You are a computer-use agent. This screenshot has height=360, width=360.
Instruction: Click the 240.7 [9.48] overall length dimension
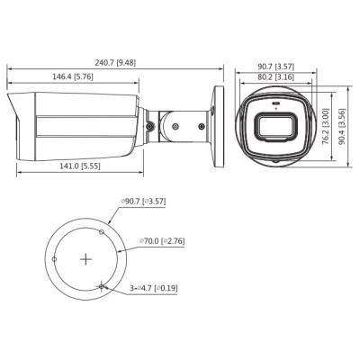coord(115,63)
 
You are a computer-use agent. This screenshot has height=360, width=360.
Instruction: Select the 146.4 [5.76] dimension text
coord(73,76)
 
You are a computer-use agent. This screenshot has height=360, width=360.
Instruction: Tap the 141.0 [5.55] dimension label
coord(80,166)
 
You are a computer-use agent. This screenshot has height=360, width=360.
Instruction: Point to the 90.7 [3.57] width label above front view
coord(276,67)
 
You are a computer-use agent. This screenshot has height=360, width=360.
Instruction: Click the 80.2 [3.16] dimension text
coord(276,76)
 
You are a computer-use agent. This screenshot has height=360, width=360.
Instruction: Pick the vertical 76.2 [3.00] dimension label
coord(326,127)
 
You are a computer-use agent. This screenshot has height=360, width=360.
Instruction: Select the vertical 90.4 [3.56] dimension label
coord(342,127)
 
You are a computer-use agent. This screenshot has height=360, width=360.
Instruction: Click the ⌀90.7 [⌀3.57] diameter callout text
coord(143,202)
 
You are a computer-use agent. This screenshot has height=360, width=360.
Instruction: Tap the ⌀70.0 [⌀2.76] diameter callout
coord(162,241)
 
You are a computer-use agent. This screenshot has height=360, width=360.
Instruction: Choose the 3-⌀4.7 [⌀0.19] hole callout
coord(154,289)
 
